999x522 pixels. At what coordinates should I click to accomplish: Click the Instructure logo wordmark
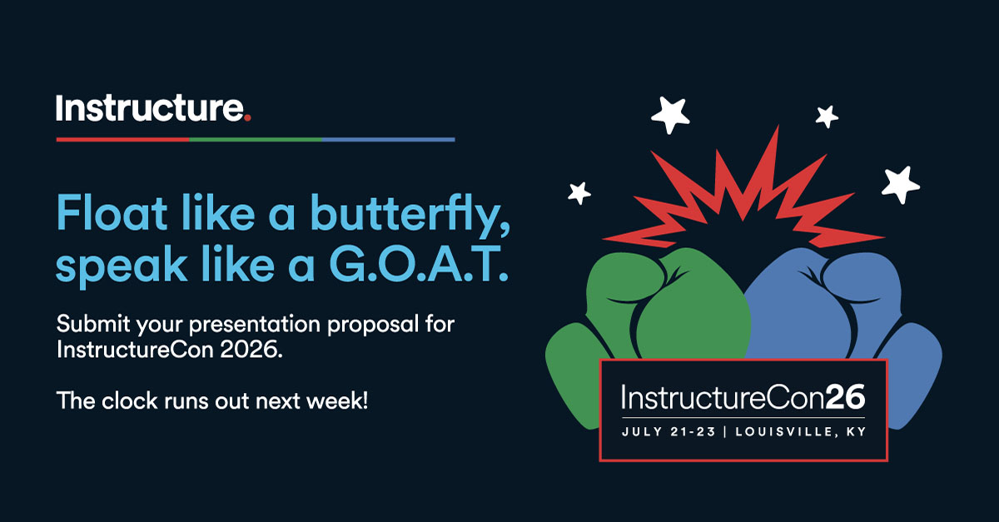pyautogui.click(x=151, y=109)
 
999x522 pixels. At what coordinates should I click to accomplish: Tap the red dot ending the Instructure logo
pyautogui.click(x=247, y=118)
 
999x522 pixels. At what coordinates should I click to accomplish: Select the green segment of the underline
pyautogui.click(x=256, y=140)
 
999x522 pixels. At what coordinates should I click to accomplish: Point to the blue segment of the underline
pyautogui.click(x=388, y=140)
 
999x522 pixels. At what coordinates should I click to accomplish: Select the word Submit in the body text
pyautogui.click(x=85, y=323)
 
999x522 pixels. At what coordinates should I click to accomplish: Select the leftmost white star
pyautogui.click(x=579, y=192)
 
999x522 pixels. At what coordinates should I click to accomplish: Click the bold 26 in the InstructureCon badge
pyautogui.click(x=845, y=399)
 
